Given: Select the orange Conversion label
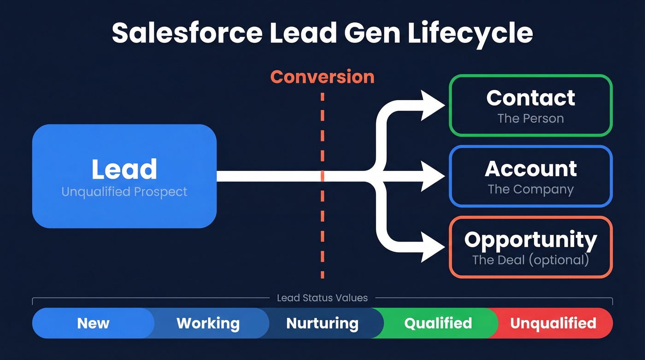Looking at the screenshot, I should (322, 77).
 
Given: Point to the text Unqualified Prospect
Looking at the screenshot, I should (124, 192).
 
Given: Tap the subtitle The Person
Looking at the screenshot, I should (530, 118).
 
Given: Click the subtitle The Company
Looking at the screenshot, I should (530, 189).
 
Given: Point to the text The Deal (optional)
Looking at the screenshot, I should (530, 260).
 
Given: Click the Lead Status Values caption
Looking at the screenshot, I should (322, 298).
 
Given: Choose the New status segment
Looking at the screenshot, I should (93, 323).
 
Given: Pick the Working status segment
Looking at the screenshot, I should (208, 323).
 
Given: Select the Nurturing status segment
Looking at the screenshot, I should (322, 323).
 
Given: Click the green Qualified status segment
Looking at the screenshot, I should (438, 323).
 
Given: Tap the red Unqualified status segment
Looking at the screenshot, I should (553, 323).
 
